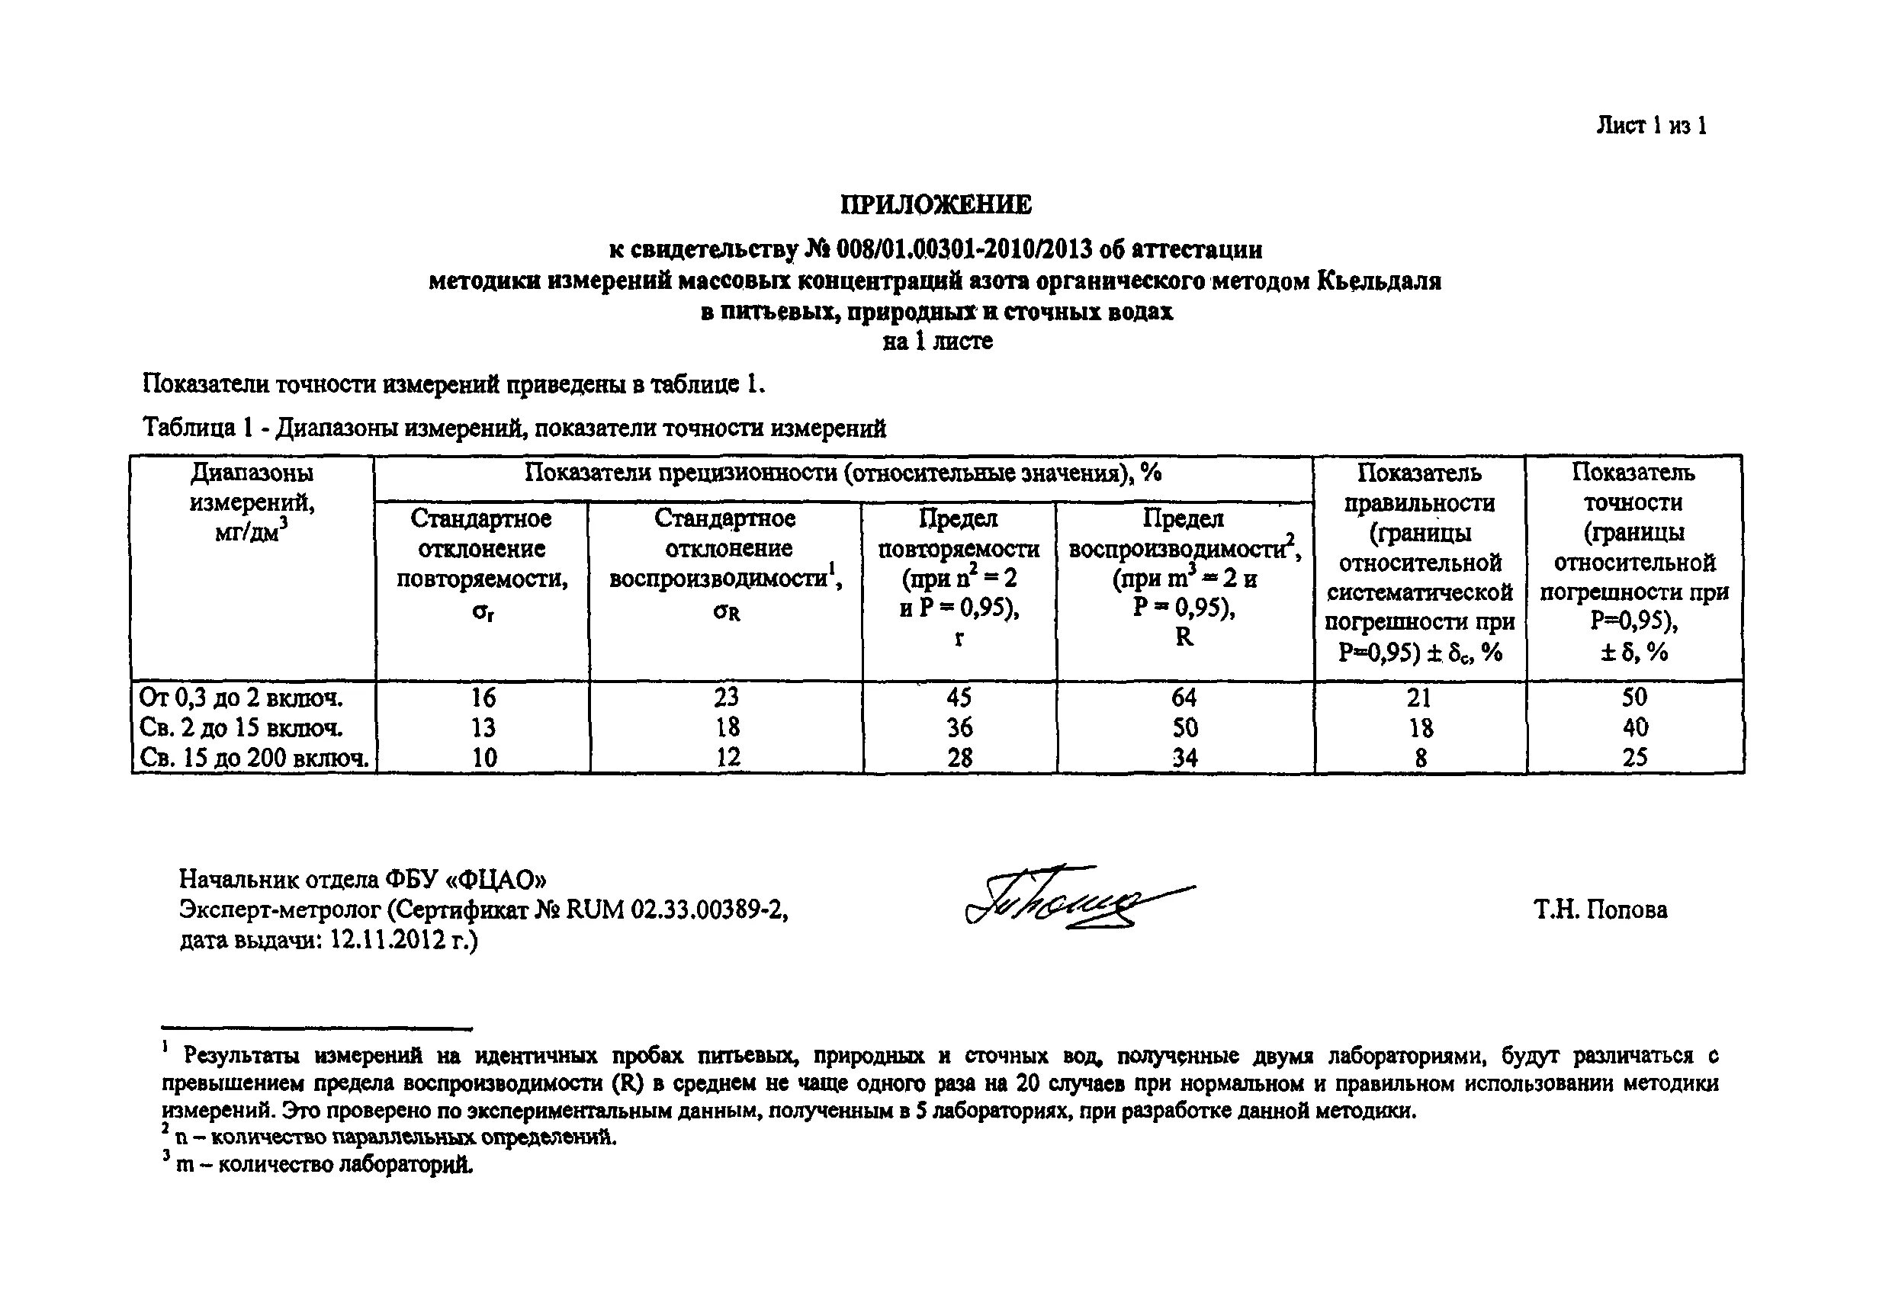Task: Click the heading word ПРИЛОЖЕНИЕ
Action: coord(936,204)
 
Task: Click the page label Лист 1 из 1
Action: coord(1651,125)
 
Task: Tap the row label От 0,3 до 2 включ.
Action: coord(241,698)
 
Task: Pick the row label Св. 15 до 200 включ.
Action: coord(254,758)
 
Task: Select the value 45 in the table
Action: coord(959,698)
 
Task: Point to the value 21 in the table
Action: coord(1419,698)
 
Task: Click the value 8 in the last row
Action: coord(1421,759)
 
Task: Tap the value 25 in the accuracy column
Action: coord(1634,758)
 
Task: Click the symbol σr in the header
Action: coord(483,612)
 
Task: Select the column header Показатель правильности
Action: coord(1419,487)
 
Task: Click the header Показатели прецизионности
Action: coord(843,473)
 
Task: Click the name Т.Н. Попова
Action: coord(1600,909)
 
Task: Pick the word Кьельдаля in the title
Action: coord(1378,281)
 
